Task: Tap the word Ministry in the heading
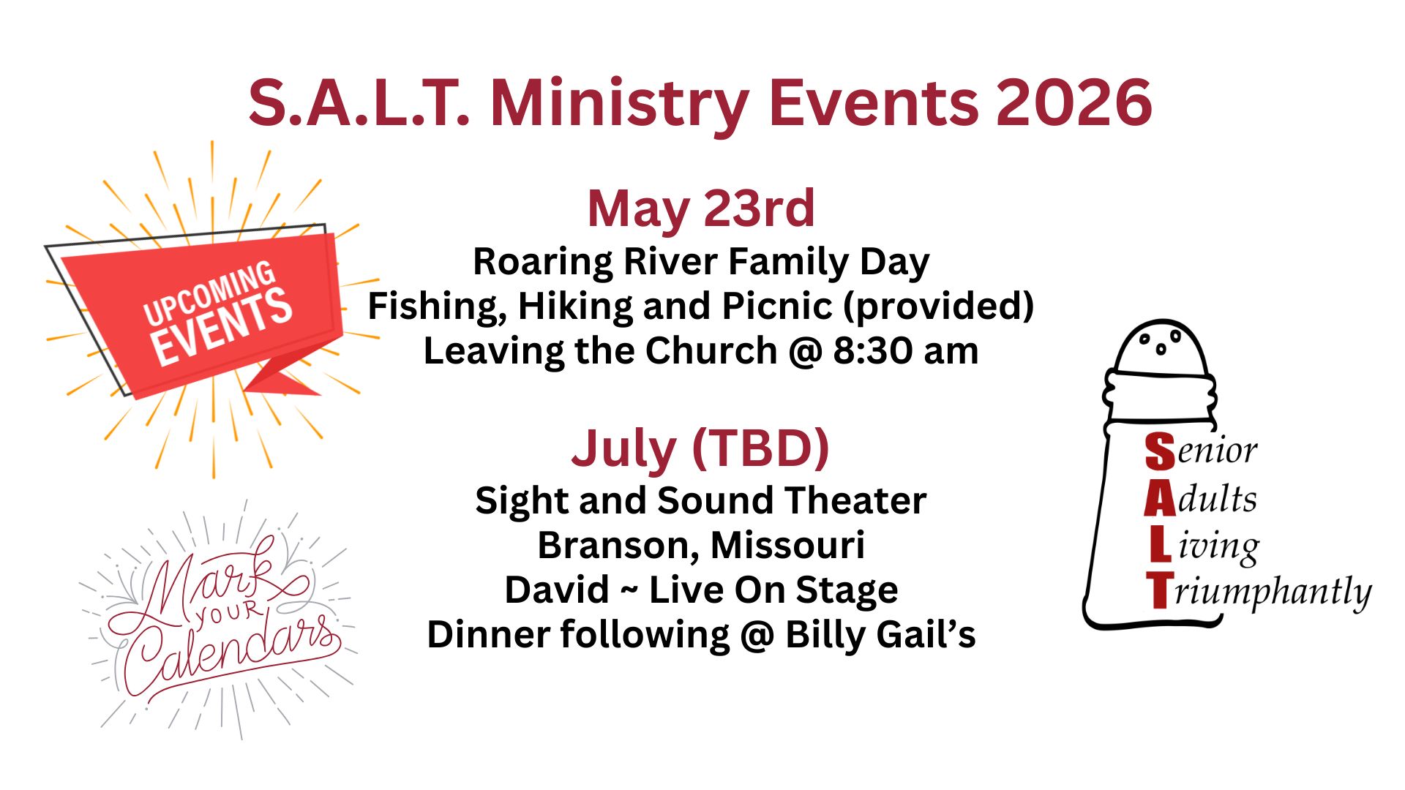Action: pyautogui.click(x=619, y=104)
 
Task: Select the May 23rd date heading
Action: pyautogui.click(x=700, y=208)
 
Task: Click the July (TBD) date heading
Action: pyautogui.click(x=700, y=448)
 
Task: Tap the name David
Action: pyautogui.click(x=556, y=590)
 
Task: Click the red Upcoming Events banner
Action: pyautogui.click(x=212, y=311)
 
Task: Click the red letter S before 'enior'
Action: pyautogui.click(x=1160, y=451)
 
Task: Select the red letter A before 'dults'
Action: pyautogui.click(x=1160, y=500)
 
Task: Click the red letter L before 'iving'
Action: pyautogui.click(x=1160, y=546)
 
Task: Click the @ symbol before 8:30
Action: pyautogui.click(x=805, y=352)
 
